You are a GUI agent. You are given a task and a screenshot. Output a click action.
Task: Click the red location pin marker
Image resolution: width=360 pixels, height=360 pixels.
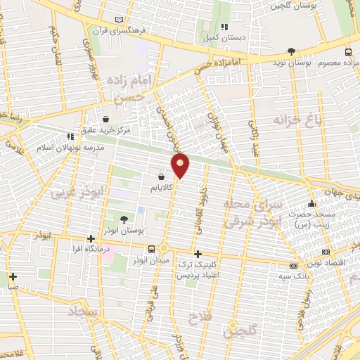coord(181,165)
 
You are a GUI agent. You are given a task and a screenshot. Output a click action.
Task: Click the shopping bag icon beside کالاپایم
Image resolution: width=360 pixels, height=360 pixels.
coord(162,177)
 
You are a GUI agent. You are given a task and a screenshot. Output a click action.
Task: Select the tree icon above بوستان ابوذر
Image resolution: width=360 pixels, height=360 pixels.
coord(124,219)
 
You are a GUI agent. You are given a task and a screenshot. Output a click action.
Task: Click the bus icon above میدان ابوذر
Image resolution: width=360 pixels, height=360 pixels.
coord(151,249)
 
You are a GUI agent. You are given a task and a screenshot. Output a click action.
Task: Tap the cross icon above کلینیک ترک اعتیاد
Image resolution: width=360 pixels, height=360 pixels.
coord(198,254)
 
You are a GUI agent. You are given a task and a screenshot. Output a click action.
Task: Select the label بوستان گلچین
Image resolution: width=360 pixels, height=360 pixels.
coord(292,5)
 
